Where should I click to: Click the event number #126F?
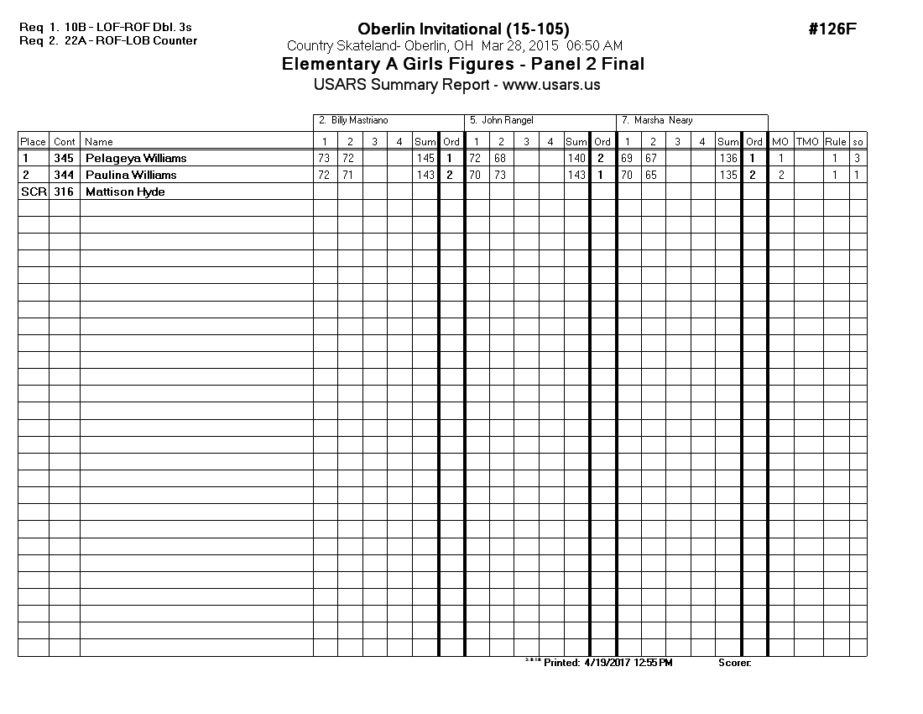pyautogui.click(x=832, y=29)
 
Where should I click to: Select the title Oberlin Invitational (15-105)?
pyautogui.click(x=463, y=29)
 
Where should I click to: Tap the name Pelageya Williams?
pyautogui.click(x=136, y=158)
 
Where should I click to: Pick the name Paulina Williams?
pyautogui.click(x=131, y=175)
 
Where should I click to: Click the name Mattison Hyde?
pyautogui.click(x=125, y=192)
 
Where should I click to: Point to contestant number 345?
pyautogui.click(x=64, y=158)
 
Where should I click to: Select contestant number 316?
pyautogui.click(x=64, y=192)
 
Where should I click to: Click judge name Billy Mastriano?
pyautogui.click(x=358, y=121)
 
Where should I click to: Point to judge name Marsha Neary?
pyautogui.click(x=663, y=121)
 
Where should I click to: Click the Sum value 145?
pyautogui.click(x=425, y=158)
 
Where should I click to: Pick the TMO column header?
pyautogui.click(x=807, y=142)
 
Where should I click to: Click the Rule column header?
pyautogui.click(x=836, y=142)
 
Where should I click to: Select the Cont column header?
pyautogui.click(x=65, y=142)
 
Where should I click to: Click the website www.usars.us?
pyautogui.click(x=551, y=85)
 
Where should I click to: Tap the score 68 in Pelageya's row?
pyautogui.click(x=501, y=158)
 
